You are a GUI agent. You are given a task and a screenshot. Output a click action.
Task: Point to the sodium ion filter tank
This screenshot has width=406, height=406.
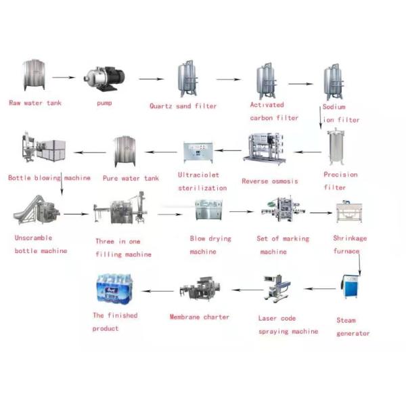332,83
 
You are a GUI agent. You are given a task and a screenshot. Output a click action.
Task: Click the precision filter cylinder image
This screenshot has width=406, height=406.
336,149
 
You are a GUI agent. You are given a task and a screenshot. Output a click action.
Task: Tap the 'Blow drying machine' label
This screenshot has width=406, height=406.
210,245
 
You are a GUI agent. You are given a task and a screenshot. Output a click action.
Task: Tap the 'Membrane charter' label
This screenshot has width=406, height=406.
199,317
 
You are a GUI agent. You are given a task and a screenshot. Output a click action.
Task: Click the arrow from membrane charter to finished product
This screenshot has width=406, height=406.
160,291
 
